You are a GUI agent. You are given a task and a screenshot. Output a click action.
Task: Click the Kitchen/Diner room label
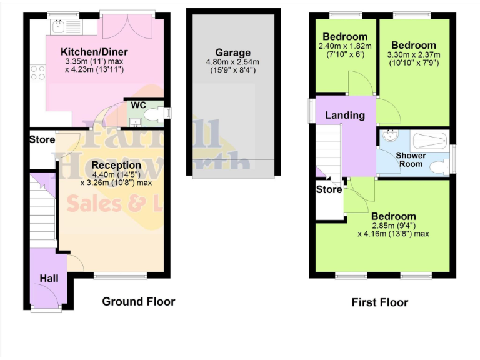click(x=94, y=51)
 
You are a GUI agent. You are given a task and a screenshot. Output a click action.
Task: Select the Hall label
click(x=49, y=277)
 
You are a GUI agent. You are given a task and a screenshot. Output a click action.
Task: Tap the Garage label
click(x=232, y=52)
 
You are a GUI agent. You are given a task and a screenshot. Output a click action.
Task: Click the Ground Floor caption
click(x=138, y=301)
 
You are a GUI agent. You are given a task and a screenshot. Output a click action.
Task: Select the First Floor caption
click(x=380, y=302)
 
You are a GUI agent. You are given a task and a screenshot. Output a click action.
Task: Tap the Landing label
click(x=345, y=115)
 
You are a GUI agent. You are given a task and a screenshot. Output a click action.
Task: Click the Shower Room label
click(x=411, y=159)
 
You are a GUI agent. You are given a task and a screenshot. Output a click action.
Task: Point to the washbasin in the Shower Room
click(x=390, y=136)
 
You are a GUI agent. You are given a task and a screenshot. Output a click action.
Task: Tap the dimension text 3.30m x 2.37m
click(x=414, y=54)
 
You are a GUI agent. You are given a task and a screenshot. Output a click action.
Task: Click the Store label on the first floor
click(x=329, y=189)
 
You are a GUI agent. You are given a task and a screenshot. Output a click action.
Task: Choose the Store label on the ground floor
click(x=42, y=139)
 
